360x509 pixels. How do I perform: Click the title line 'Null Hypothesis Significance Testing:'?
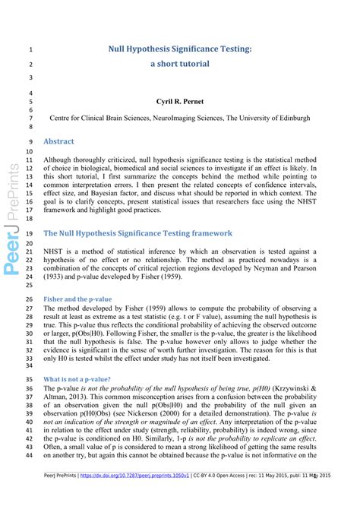[x=180, y=49]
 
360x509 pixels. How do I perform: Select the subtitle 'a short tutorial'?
[x=180, y=64]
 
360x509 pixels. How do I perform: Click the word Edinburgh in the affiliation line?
[x=291, y=119]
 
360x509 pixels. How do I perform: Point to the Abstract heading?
[x=59, y=141]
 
